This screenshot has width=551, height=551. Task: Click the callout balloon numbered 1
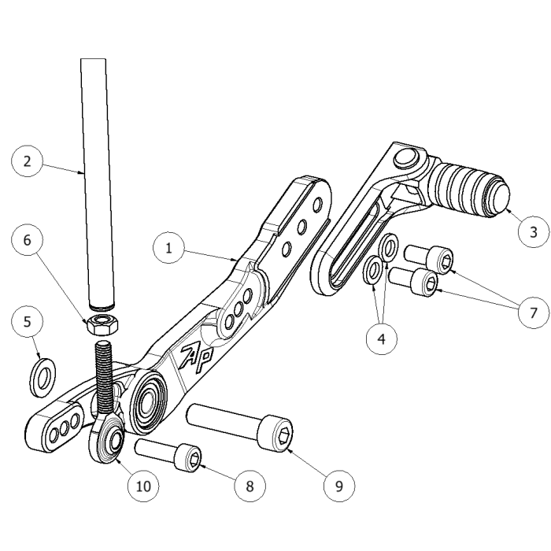[168, 248]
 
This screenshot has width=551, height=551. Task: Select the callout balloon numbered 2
[28, 162]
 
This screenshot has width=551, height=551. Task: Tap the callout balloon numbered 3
[534, 231]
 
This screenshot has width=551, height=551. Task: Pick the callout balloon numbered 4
[382, 339]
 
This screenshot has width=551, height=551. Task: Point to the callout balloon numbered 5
[28, 322]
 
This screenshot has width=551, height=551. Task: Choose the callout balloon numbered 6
[28, 240]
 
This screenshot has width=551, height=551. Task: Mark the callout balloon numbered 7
[534, 312]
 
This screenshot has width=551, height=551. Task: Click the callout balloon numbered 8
[250, 485]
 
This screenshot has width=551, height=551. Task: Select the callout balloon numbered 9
[339, 485]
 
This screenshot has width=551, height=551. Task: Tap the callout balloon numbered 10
[143, 485]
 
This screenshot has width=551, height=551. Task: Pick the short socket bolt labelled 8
[168, 455]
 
